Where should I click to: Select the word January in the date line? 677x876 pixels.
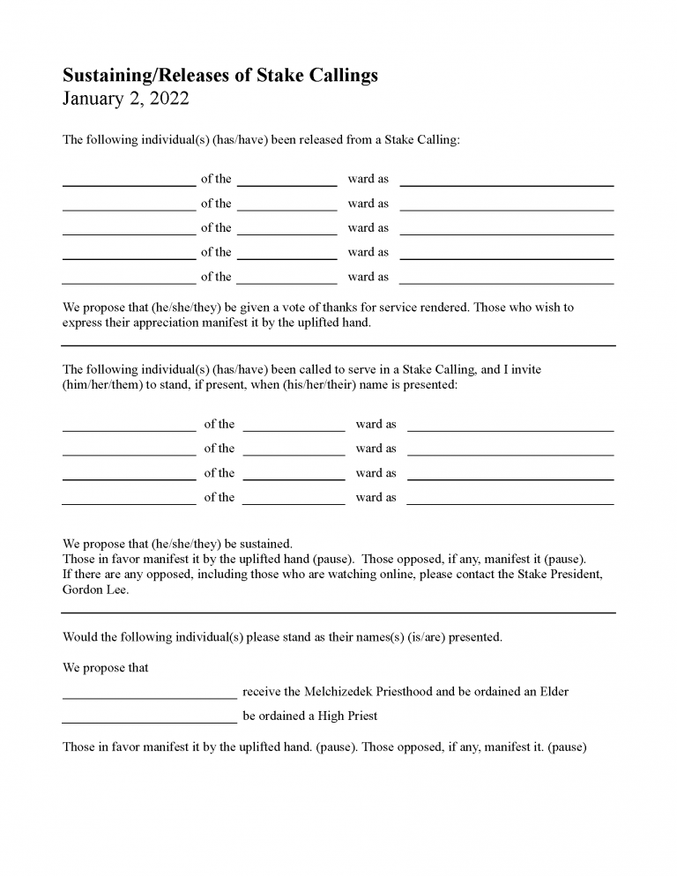[91, 99]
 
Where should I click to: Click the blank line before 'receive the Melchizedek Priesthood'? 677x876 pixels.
[149, 697]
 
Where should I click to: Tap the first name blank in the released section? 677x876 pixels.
[129, 185]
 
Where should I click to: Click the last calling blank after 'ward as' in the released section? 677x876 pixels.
[506, 283]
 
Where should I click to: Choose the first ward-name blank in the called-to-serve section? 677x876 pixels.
[294, 430]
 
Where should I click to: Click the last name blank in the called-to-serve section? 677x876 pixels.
[129, 503]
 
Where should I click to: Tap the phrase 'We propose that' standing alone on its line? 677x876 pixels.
[105, 668]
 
